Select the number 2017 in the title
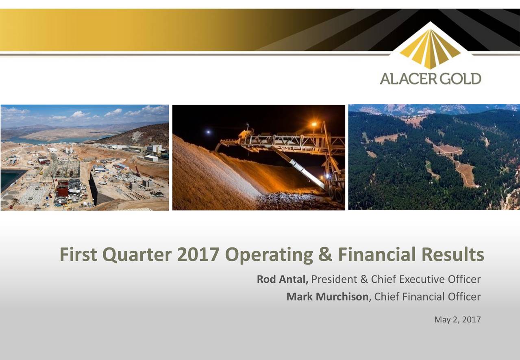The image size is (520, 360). [x=199, y=255]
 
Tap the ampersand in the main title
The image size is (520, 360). [x=323, y=255]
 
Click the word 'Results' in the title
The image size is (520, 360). [x=452, y=255]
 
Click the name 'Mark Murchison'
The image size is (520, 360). [x=327, y=297]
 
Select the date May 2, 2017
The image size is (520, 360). [x=457, y=320]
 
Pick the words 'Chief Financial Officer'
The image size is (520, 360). [x=427, y=297]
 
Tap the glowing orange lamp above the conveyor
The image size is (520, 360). [x=314, y=124]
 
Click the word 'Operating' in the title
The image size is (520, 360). [x=268, y=255]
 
